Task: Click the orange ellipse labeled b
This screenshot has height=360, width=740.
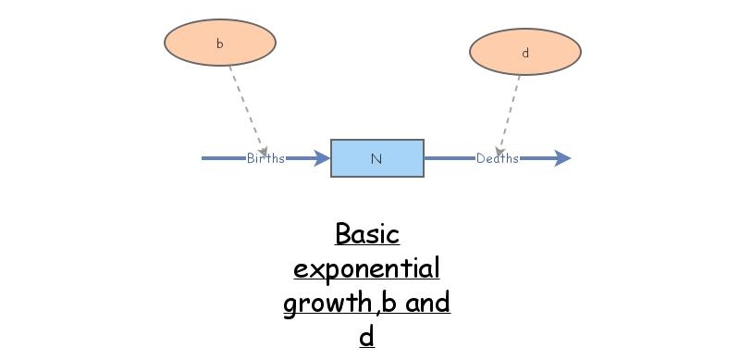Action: point(219,43)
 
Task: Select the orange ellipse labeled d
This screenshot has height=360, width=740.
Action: point(524,53)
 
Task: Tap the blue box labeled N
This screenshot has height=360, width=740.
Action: point(376,158)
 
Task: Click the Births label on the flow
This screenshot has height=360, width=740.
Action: point(265,158)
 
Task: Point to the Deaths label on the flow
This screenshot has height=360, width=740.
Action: point(498,158)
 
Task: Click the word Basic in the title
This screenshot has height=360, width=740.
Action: point(366,233)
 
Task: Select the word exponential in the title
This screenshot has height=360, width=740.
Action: point(366,269)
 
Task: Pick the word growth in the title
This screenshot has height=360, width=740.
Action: point(322,304)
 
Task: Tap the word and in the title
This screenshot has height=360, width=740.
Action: point(426,303)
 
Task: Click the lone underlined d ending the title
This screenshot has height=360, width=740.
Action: point(366,336)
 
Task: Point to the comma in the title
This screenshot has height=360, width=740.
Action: point(374,311)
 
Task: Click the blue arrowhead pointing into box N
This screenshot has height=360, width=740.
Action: point(322,158)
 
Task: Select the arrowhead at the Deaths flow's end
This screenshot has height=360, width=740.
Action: point(561,158)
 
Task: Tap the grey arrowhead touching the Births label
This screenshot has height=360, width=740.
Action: point(263,151)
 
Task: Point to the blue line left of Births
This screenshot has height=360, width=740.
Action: point(223,158)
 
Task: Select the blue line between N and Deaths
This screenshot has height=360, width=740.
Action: point(449,158)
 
